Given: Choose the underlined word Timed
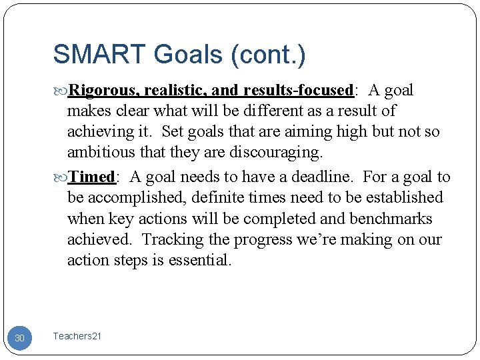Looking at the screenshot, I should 93,177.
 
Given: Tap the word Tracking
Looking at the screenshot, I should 170,239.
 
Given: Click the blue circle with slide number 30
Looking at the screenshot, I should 19,338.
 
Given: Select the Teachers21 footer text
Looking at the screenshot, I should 77,337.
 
